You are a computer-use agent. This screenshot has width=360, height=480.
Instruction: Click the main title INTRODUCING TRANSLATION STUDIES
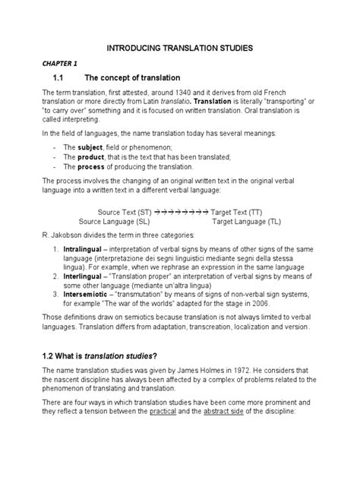point(180,48)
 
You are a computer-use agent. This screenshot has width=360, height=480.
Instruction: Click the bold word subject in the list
point(88,146)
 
